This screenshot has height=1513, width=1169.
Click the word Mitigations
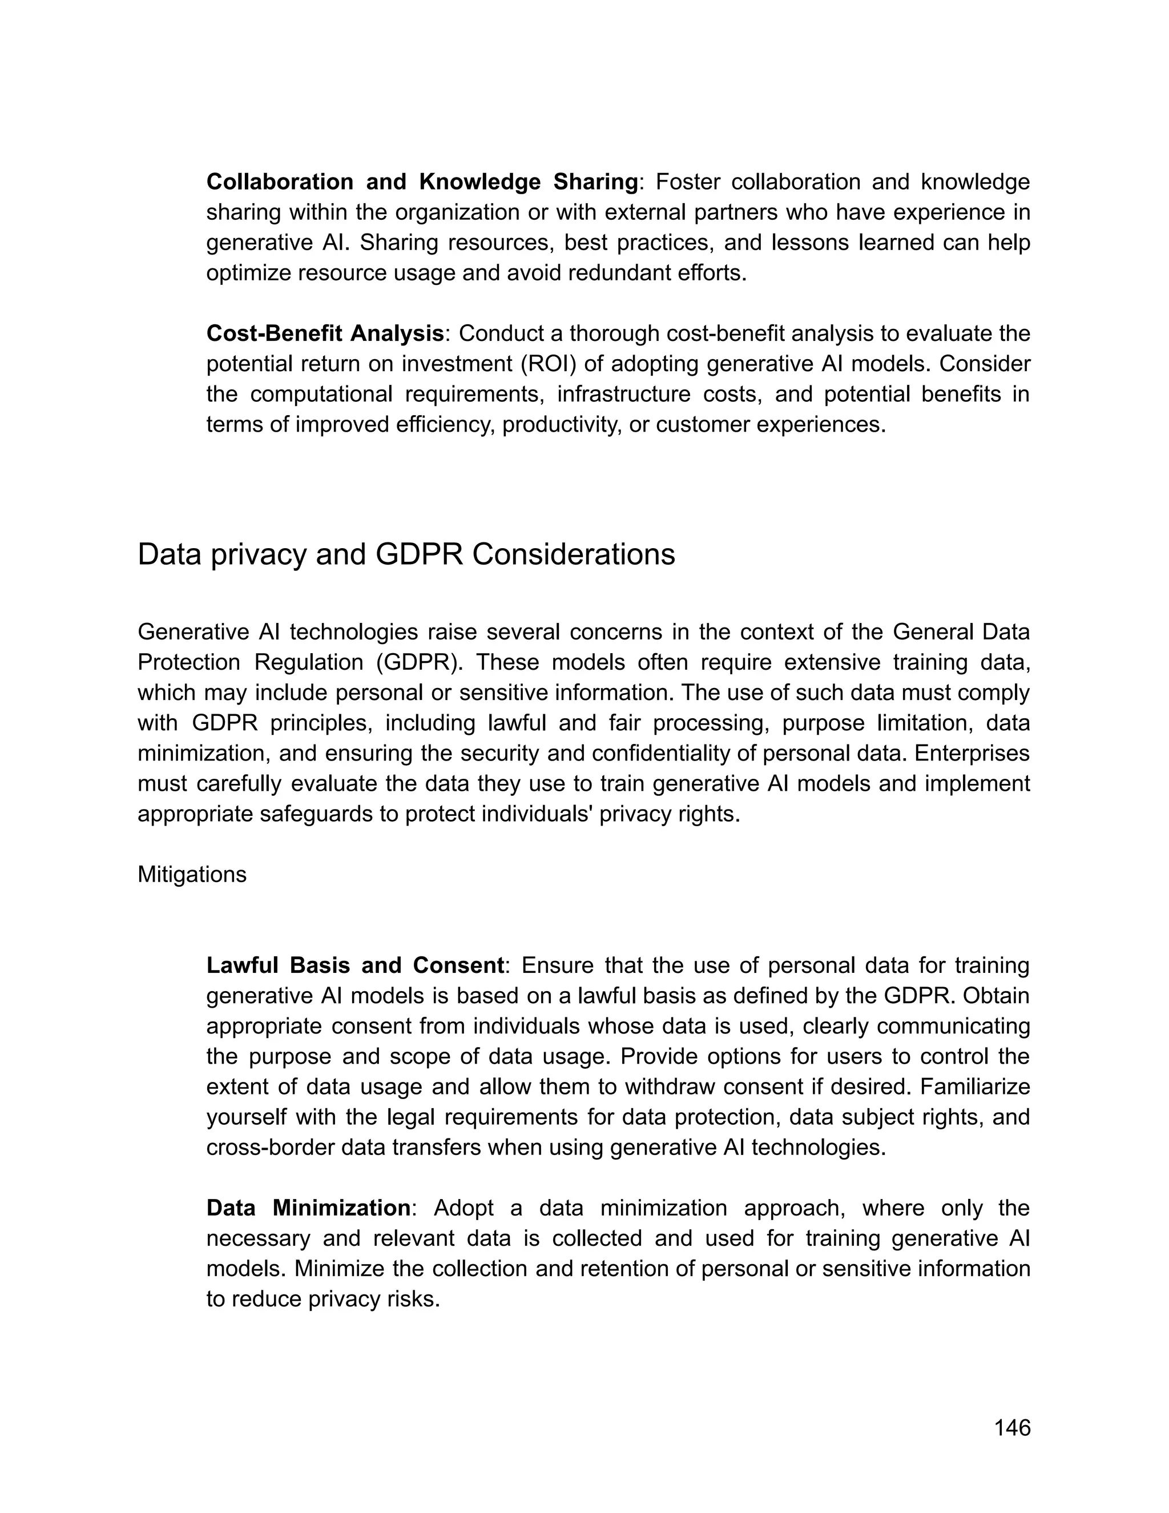click(192, 874)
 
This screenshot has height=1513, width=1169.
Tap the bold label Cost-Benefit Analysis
click(325, 333)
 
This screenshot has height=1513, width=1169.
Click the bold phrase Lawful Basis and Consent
click(355, 965)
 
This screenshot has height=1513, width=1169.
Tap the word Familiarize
click(974, 1087)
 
